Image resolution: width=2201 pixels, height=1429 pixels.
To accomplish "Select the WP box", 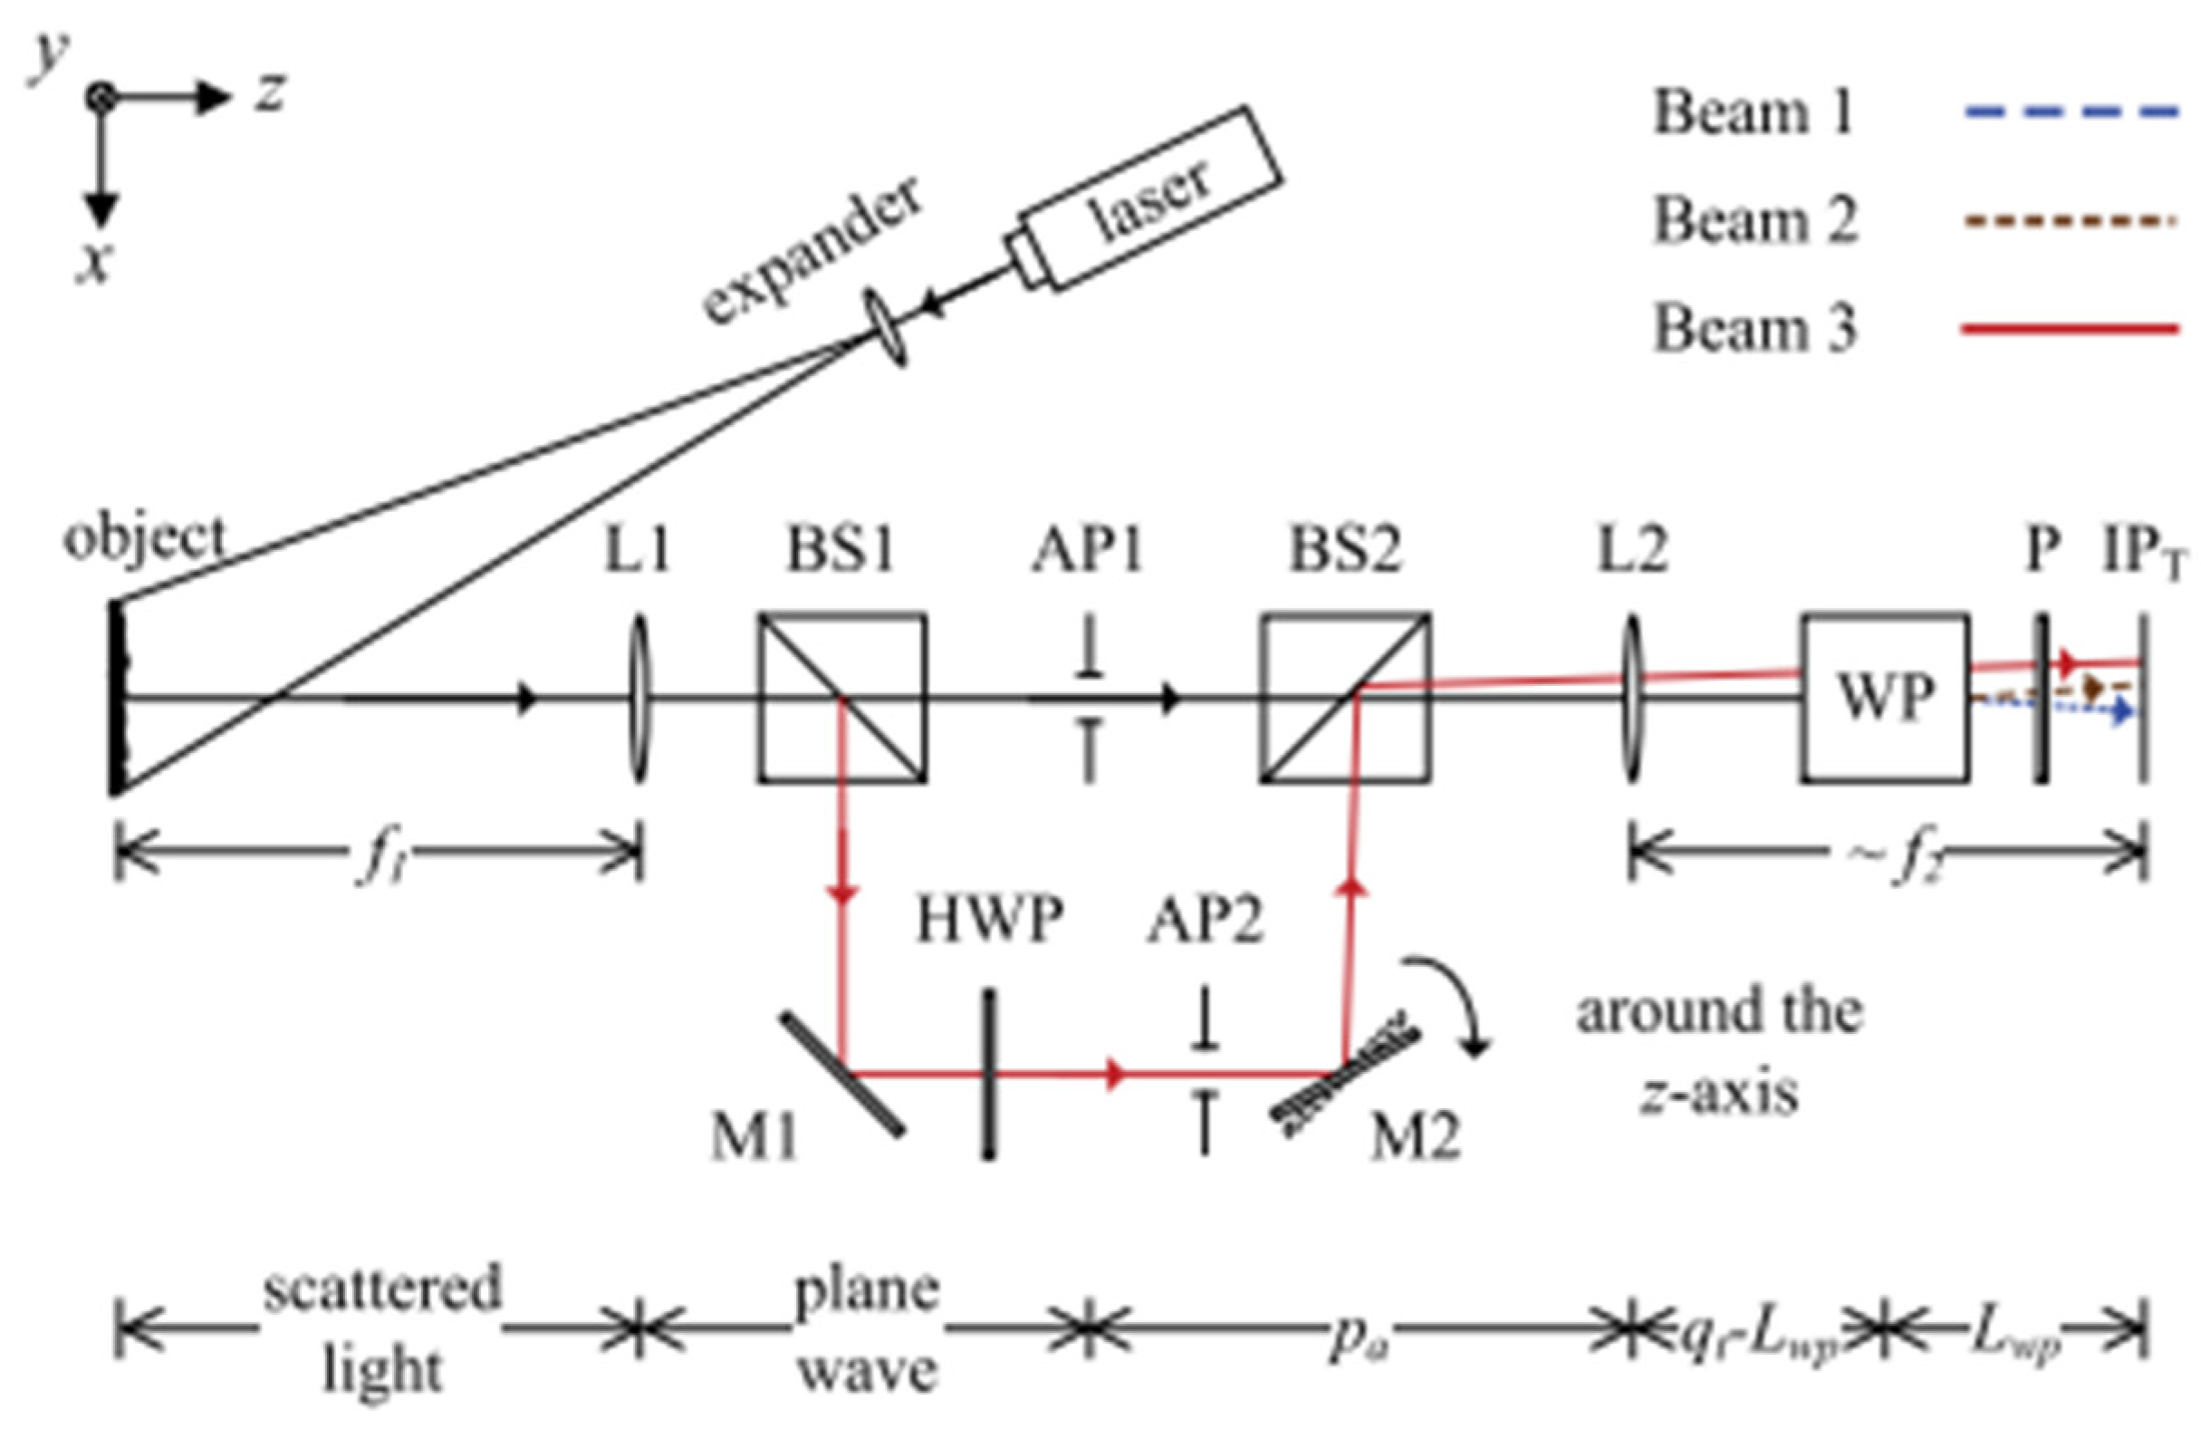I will point(1884,698).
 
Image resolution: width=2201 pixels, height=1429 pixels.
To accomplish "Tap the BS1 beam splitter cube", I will point(841,698).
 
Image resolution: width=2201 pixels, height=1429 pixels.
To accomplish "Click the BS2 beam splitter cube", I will point(1346,698).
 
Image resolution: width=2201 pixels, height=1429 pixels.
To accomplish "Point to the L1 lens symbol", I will point(638,700).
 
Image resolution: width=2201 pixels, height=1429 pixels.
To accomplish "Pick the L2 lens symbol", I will point(1631,700).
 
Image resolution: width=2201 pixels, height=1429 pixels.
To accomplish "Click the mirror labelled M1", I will point(841,1073).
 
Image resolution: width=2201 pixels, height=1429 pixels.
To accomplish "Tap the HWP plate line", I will point(988,1073).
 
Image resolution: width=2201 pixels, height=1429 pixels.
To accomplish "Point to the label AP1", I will point(1088,549).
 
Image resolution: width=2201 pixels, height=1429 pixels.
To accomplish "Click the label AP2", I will point(1204,921).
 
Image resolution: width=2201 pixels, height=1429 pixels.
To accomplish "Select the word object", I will point(144,537).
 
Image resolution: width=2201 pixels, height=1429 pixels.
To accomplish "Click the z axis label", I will point(269,92).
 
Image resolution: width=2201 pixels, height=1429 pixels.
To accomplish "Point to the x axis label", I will point(92,264).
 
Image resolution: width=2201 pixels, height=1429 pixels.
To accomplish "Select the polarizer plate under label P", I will point(2039,700).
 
